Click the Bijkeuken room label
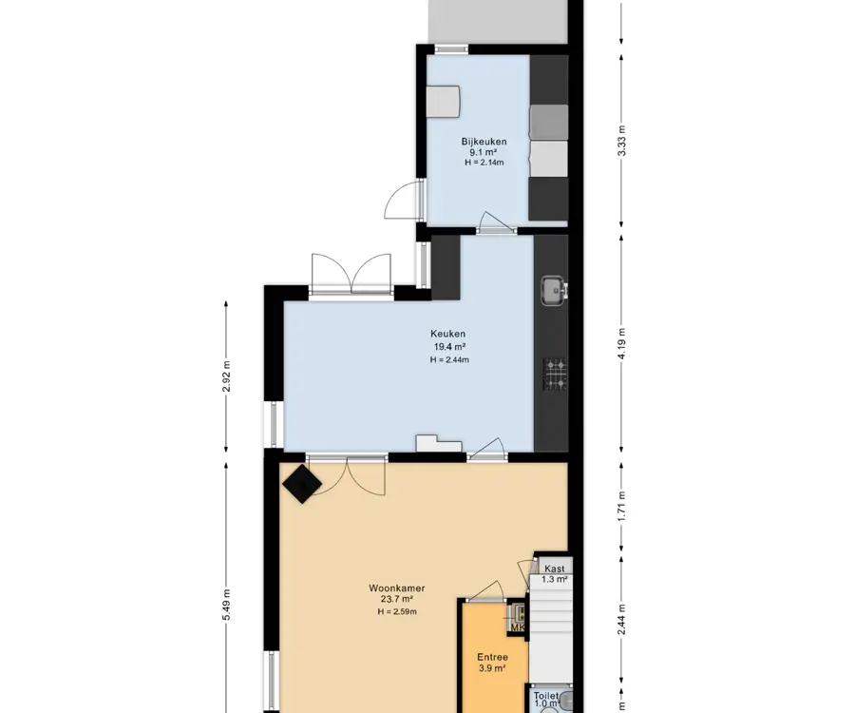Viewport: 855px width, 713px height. tap(484, 142)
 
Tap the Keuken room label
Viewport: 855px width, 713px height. tap(448, 334)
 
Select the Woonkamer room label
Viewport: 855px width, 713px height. tap(397, 588)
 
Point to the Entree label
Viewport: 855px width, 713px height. tap(492, 657)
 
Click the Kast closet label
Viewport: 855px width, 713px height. tap(555, 569)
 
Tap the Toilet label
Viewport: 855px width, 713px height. tap(546, 696)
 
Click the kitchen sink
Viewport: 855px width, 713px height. tap(555, 290)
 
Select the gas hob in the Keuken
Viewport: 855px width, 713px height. tap(556, 375)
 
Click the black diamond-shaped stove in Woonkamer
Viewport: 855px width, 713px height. tap(302, 484)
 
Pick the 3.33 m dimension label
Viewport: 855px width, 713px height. tap(621, 141)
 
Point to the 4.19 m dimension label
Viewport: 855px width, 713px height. tap(621, 344)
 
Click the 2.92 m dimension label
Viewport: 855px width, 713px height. tap(227, 376)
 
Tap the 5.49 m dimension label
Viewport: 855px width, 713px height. tap(227, 605)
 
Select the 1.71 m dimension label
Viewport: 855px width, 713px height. tap(621, 507)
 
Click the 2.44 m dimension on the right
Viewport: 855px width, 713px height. tap(621, 620)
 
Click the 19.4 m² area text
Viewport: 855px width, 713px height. tap(449, 347)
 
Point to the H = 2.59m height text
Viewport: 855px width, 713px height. tap(397, 611)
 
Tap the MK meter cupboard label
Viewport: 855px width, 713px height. tap(518, 627)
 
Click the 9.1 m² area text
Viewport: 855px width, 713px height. tap(484, 153)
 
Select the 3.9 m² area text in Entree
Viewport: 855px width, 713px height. tap(492, 668)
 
